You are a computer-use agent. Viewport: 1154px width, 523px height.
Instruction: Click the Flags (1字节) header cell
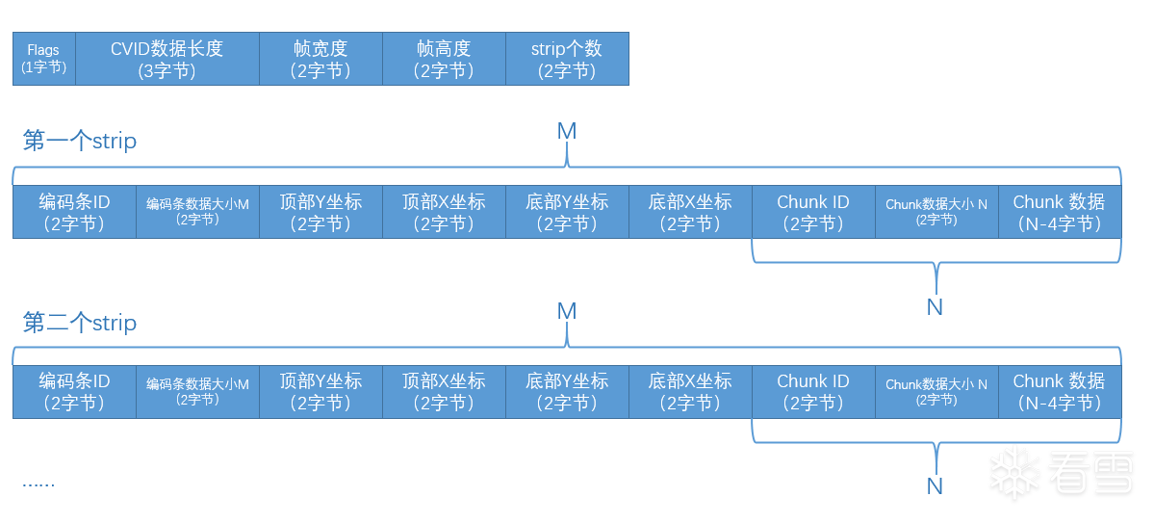43,59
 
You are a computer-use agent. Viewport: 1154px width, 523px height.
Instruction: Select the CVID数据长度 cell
167,59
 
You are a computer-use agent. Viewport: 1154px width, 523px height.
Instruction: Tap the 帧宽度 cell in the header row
321,59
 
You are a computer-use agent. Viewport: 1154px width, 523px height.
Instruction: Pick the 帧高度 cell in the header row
444,59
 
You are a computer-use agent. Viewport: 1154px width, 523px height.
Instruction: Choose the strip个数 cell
567,59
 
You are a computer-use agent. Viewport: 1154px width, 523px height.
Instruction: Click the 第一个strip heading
80,142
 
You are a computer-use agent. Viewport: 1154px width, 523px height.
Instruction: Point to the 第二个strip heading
80,323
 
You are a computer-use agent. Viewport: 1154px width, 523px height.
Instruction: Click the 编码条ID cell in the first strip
74,212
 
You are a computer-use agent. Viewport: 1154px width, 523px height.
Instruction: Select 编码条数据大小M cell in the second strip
197,391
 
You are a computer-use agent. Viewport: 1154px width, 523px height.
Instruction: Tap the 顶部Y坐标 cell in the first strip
321,212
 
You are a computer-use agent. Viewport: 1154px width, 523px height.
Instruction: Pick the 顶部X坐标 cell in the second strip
444,391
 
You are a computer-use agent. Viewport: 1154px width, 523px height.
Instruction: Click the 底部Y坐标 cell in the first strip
567,212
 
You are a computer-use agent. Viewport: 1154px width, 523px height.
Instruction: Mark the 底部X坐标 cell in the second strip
690,391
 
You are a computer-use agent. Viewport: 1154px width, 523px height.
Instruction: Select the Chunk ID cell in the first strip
813,212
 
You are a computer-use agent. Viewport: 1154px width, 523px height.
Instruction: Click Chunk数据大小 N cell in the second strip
936,391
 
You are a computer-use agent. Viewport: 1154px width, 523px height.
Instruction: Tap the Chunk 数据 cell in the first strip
1059,212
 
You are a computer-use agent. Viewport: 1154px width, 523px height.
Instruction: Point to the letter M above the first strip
567,131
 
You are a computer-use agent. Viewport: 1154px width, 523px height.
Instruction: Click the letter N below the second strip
935,486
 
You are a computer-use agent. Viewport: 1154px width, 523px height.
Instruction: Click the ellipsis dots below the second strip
38,483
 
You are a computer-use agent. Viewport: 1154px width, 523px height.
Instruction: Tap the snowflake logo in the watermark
1012,473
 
